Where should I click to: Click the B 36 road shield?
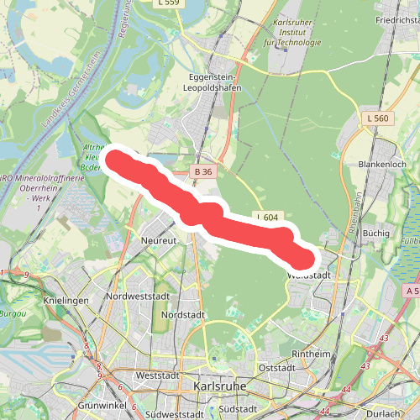click(x=202, y=171)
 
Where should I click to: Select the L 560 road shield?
click(x=377, y=118)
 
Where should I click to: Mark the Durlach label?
click(x=400, y=413)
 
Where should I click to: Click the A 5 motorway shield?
click(x=411, y=290)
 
